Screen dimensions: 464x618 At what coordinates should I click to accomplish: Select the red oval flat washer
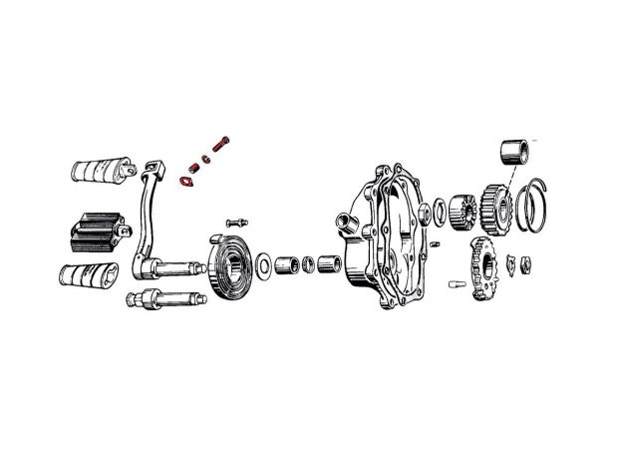tap(184, 181)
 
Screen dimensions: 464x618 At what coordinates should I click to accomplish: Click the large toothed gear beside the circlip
tap(494, 207)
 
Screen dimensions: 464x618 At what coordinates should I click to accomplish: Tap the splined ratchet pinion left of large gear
tap(463, 212)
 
